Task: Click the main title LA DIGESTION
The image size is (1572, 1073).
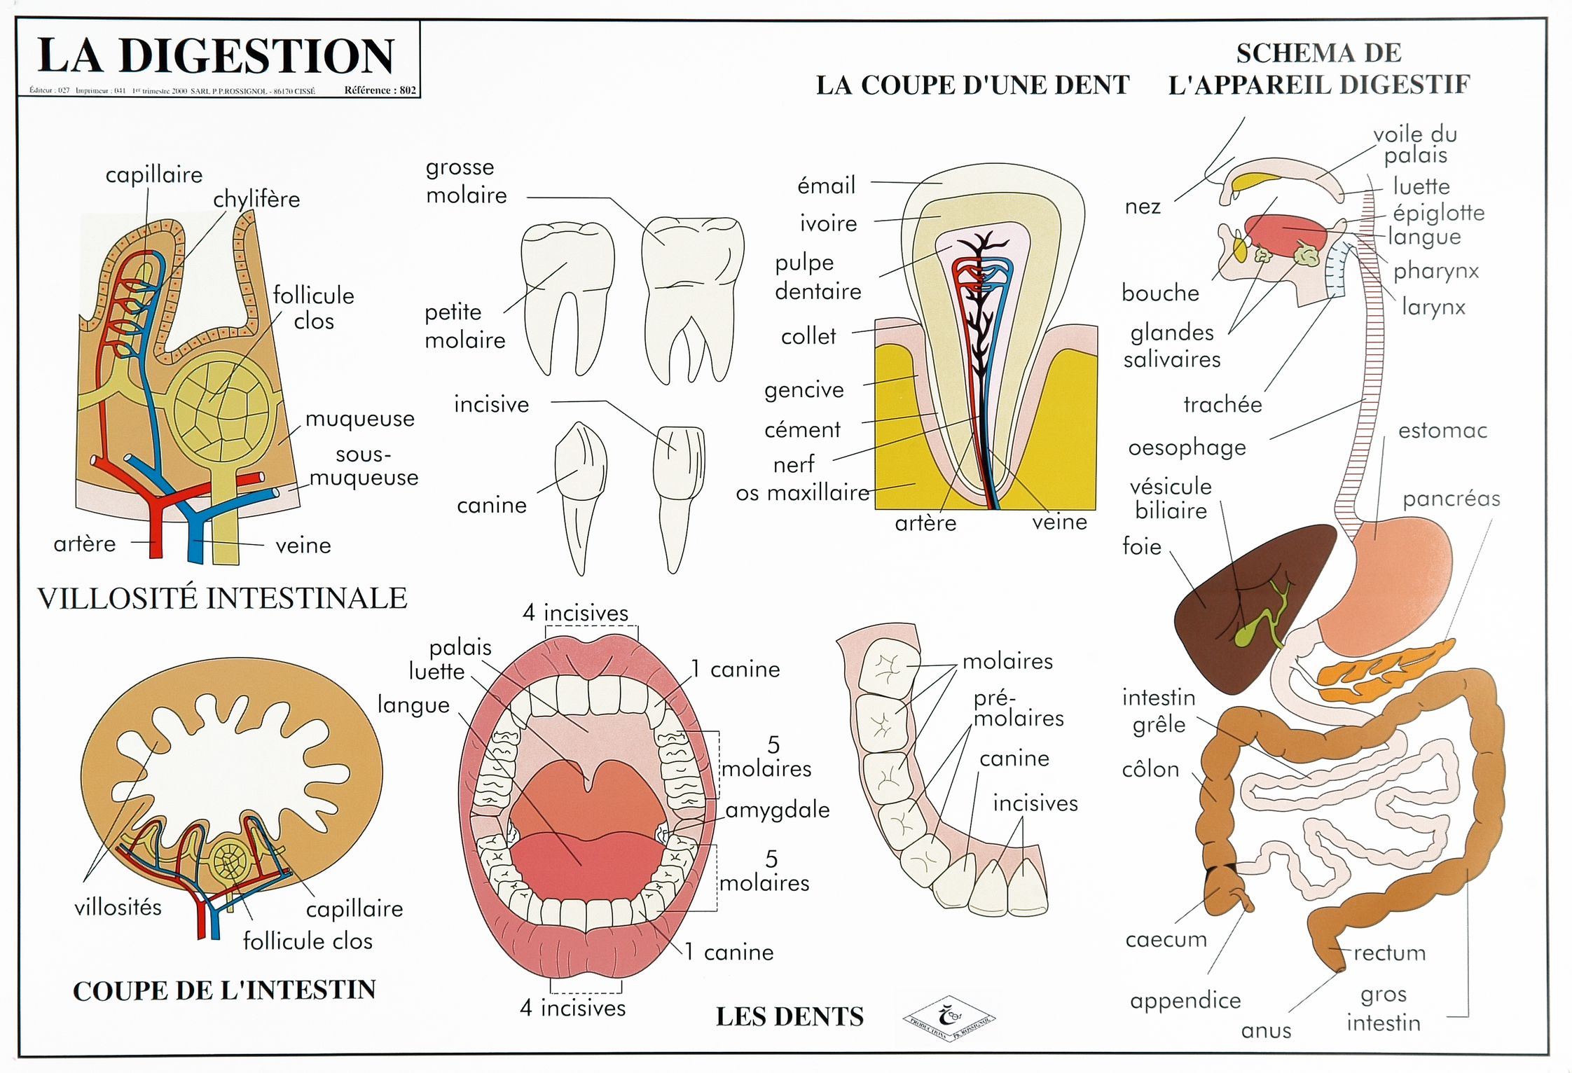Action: [x=216, y=56]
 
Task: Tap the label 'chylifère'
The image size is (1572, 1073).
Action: [x=256, y=200]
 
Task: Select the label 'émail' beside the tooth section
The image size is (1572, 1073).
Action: [x=827, y=186]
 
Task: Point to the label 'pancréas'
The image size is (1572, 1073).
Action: [x=1451, y=499]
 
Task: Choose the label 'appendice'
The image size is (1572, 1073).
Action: [x=1185, y=1001]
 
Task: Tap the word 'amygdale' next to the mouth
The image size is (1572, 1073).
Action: [x=777, y=810]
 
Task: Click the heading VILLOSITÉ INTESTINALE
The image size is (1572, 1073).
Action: [x=222, y=598]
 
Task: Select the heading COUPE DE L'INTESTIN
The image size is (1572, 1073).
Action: [x=224, y=990]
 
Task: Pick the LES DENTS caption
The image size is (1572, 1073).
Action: [x=790, y=1016]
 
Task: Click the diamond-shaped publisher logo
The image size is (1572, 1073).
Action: [x=949, y=1018]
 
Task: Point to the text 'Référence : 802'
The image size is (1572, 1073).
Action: [x=380, y=90]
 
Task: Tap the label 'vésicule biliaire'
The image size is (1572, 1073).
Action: [x=1171, y=498]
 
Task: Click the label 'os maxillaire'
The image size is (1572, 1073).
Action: [x=802, y=493]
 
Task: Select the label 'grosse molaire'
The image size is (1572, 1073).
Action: [x=466, y=181]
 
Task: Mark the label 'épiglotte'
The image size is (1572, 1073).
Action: [x=1438, y=213]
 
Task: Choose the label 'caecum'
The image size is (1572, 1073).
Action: [x=1166, y=940]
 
